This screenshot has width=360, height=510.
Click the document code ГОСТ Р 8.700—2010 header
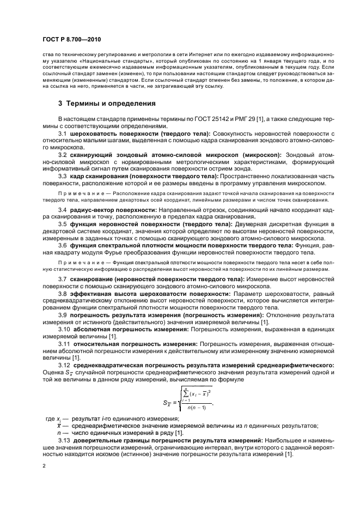coord(70,40)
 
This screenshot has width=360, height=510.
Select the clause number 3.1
coord(63,133)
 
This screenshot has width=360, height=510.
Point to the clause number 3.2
coord(63,155)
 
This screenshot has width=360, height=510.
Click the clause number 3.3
coord(63,177)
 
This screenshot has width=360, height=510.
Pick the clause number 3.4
coord(63,210)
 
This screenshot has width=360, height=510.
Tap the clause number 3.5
coord(63,224)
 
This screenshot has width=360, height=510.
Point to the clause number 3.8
coord(63,294)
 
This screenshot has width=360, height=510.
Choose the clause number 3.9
coord(63,315)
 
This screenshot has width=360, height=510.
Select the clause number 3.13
coord(64,440)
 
